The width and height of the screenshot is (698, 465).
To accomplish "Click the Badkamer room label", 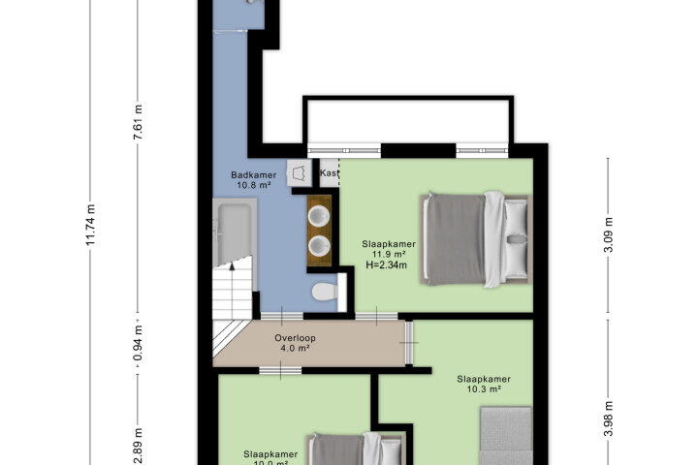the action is [253, 175].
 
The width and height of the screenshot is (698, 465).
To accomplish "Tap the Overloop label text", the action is [295, 338].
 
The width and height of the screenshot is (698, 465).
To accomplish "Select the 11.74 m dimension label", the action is [90, 225].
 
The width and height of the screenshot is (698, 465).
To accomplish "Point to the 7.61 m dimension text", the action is [138, 122].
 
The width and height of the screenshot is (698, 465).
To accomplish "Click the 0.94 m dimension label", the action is [138, 344].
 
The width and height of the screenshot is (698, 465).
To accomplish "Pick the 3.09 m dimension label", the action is [608, 235].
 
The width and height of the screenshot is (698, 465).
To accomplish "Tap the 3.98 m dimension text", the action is [608, 418].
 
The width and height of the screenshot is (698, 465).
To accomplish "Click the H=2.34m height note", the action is [387, 265].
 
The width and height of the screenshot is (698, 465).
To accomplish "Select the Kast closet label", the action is [330, 172].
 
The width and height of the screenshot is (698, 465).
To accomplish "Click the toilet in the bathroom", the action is [325, 292].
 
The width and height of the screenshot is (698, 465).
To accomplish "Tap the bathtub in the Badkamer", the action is [235, 232].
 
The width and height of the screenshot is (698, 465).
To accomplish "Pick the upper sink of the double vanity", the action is [319, 216].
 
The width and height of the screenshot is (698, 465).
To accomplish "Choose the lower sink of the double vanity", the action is [319, 246].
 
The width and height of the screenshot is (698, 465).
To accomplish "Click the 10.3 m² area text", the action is [484, 389].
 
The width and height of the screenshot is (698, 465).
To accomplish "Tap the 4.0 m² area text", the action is [295, 348].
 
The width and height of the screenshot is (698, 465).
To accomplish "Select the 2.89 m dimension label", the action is [138, 447].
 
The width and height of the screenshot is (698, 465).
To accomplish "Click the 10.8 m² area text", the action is [253, 185].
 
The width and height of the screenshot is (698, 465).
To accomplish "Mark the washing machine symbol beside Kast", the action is [300, 172].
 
